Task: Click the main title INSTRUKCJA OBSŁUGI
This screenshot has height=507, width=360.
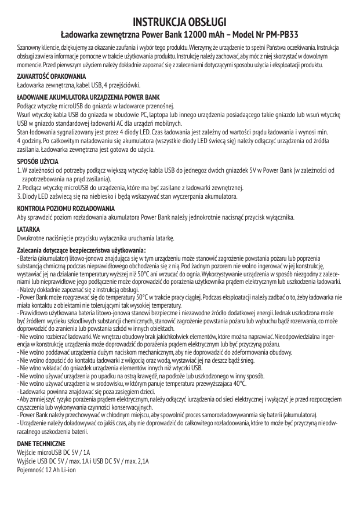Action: pyautogui.click(x=180, y=22)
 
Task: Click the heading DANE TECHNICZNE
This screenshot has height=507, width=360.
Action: pyautogui.click(x=42, y=443)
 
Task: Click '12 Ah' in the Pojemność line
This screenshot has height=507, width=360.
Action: pyautogui.click(x=51, y=469)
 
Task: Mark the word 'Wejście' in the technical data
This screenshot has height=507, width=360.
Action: pyautogui.click(x=27, y=452)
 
